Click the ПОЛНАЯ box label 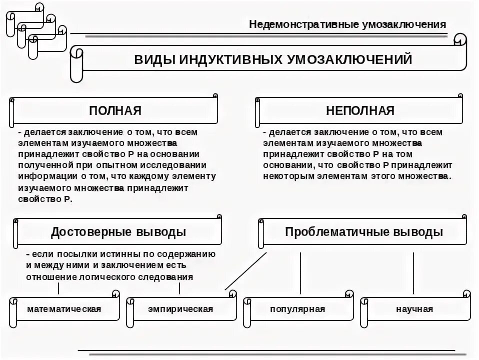115,110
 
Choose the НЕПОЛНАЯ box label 360,110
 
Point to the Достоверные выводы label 118,232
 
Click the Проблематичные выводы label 363,232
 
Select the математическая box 64,309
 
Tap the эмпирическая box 180,309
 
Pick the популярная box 297,309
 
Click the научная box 414,309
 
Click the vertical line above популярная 300,272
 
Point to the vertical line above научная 413,272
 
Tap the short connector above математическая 59,288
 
